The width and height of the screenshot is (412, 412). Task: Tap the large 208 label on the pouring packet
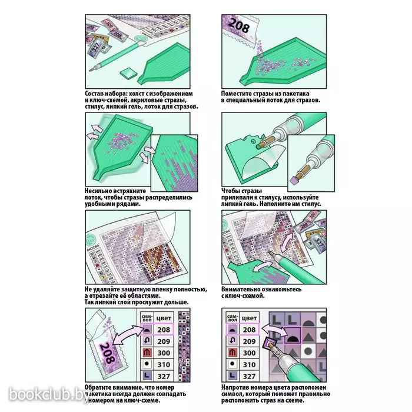tap(238, 25)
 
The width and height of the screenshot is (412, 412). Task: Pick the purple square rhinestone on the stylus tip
tap(294, 180)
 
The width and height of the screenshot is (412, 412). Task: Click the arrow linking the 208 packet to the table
tap(127, 334)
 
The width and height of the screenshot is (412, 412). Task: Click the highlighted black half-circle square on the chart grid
tap(293, 335)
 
